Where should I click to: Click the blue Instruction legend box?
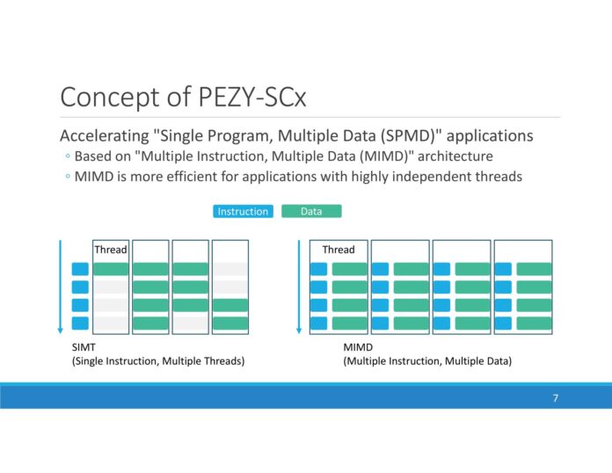click(x=243, y=212)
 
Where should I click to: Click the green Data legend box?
click(x=311, y=212)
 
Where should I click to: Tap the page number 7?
click(x=556, y=398)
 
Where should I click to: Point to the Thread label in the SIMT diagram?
click(x=111, y=250)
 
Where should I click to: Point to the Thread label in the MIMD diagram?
click(x=339, y=250)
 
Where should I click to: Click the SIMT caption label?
click(x=83, y=348)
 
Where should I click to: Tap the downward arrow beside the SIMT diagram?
click(x=60, y=286)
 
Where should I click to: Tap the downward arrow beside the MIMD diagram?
click(x=299, y=286)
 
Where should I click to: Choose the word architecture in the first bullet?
click(x=452, y=156)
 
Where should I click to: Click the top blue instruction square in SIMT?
click(x=80, y=269)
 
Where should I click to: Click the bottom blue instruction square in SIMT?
click(x=80, y=323)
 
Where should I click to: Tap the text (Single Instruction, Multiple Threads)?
click(x=158, y=361)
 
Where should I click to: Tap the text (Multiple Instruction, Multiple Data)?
click(x=427, y=361)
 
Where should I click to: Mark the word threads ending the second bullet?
click(x=499, y=177)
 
